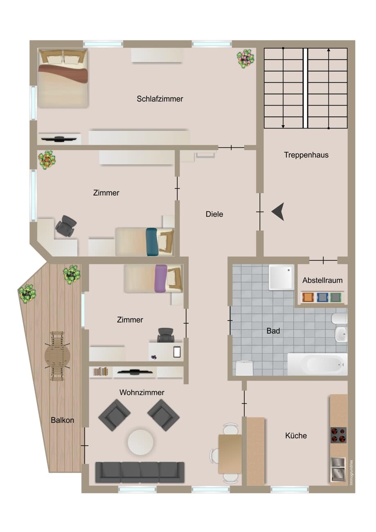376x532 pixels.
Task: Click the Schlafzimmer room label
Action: [x=160, y=99]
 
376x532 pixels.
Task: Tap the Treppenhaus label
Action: [x=306, y=155]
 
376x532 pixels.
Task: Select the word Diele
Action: [x=214, y=214]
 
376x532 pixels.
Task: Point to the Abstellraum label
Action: [x=322, y=280]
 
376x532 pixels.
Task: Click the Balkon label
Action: [x=63, y=420]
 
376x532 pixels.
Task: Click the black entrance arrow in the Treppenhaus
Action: [x=278, y=212]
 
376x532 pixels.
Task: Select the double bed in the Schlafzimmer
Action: [x=63, y=79]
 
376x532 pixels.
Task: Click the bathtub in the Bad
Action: [x=317, y=364]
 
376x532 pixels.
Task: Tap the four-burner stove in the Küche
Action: [x=338, y=435]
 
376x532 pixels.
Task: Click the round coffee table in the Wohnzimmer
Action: [x=140, y=442]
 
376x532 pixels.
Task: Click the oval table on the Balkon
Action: [x=57, y=356]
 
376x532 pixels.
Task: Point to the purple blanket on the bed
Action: [x=161, y=278]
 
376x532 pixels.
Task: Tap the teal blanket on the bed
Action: [x=152, y=242]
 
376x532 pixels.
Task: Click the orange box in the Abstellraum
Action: [x=308, y=297]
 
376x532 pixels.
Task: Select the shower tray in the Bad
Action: [x=281, y=277]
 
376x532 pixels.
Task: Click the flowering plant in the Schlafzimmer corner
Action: [x=245, y=59]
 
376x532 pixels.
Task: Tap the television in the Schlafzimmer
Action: [x=59, y=139]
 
